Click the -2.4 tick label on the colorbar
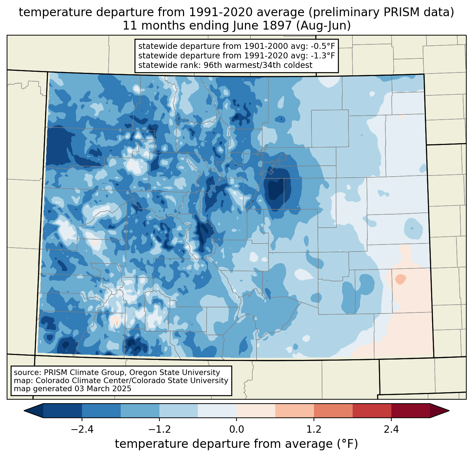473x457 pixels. (82, 430)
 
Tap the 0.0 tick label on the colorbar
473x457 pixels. (237, 430)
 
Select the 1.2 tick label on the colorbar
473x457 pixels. (314, 430)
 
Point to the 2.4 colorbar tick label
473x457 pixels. (391, 430)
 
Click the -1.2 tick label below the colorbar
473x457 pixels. (159, 430)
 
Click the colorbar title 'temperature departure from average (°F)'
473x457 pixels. (237, 444)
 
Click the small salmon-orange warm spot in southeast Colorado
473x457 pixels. (401, 279)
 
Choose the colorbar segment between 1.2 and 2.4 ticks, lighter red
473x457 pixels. (333, 411)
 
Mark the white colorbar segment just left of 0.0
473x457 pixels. (217, 411)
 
